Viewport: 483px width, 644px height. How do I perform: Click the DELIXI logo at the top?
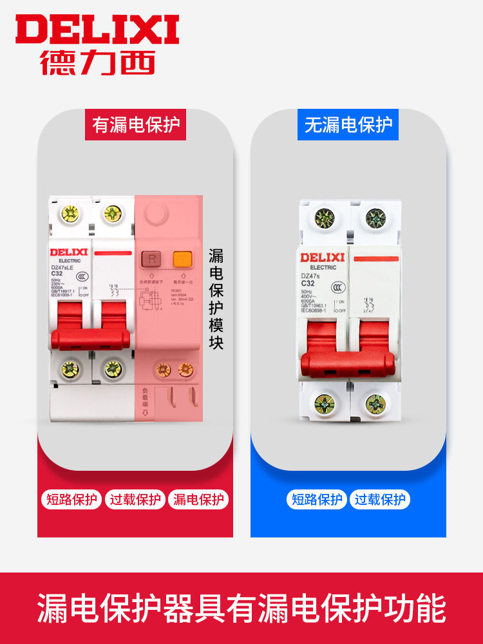97,30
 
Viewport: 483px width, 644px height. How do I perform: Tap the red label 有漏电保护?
136,124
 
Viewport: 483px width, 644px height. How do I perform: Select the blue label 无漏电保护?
348,124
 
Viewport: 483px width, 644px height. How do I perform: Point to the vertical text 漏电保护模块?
216,299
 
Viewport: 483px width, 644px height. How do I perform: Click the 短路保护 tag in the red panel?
72,499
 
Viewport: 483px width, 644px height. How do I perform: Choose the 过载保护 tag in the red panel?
135,499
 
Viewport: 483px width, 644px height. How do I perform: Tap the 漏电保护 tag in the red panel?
198,499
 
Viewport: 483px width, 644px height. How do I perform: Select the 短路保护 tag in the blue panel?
317,499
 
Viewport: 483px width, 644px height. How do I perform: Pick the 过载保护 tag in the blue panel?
380,499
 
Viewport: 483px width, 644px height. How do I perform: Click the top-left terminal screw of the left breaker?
67,213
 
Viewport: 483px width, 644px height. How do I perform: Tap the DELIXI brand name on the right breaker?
322,258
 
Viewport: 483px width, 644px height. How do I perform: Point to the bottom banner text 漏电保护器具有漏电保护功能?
241,609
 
